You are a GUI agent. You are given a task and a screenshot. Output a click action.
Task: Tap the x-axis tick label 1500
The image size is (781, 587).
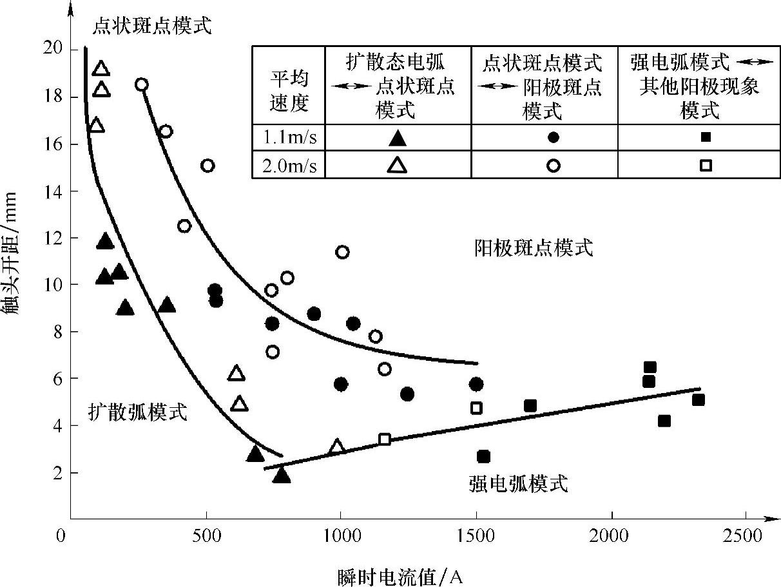(x=476, y=536)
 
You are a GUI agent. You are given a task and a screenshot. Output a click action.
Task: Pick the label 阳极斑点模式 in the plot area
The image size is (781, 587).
(x=534, y=247)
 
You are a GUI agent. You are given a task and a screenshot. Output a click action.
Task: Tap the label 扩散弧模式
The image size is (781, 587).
(x=138, y=412)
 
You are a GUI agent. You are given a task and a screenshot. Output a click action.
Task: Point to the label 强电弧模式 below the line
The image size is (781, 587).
(x=519, y=483)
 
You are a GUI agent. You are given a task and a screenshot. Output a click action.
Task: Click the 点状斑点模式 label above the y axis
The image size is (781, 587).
(x=152, y=25)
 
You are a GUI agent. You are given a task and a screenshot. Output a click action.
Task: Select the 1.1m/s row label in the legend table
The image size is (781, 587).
(x=289, y=137)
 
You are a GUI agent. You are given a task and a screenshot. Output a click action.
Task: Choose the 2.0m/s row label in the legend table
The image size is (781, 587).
(x=289, y=166)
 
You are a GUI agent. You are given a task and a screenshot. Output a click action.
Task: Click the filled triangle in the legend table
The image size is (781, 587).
(x=398, y=137)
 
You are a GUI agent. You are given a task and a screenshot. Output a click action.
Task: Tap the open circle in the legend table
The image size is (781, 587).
(x=553, y=166)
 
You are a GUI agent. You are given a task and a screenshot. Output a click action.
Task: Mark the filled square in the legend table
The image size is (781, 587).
(x=706, y=137)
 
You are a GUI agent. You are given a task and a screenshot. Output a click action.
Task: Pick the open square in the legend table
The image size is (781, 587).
(x=706, y=166)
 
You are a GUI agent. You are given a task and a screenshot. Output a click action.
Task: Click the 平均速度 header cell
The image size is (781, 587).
(x=289, y=91)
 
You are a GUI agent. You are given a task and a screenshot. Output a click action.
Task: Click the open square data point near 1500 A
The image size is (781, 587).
(x=476, y=408)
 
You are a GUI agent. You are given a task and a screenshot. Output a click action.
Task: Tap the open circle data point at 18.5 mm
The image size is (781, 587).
(x=142, y=84)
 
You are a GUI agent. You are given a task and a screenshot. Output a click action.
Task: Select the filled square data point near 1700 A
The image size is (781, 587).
(x=530, y=405)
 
